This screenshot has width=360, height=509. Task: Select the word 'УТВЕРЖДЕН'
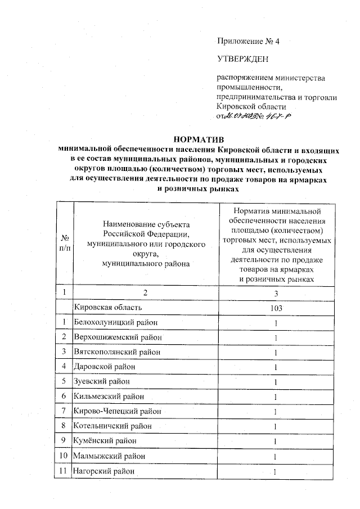243,58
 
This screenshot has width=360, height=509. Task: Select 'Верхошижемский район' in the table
112,337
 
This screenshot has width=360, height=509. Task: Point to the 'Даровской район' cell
101,367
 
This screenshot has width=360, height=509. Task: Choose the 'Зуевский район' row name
98,381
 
